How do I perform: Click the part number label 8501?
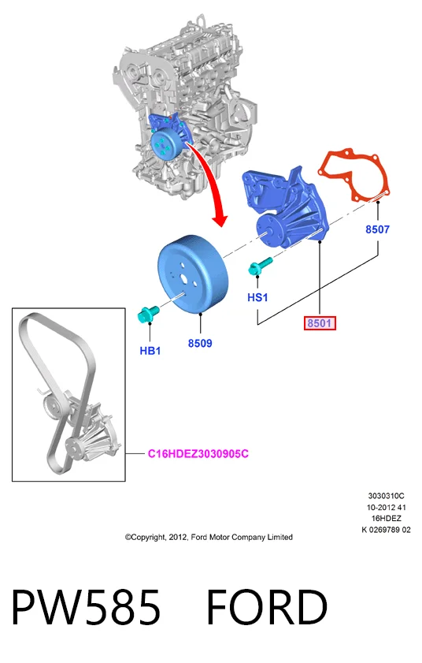[x=320, y=323]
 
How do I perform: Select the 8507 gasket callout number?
[x=377, y=229]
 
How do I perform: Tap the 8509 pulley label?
[x=200, y=343]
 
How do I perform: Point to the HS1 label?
[x=257, y=297]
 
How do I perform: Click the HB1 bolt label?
[x=150, y=351]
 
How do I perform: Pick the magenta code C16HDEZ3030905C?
[x=198, y=454]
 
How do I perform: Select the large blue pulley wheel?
[x=193, y=275]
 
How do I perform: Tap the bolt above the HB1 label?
[x=148, y=314]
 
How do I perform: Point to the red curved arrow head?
[x=220, y=219]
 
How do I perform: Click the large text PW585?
[x=86, y=607]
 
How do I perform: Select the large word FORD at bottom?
[x=267, y=607]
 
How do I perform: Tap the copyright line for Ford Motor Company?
[x=209, y=537]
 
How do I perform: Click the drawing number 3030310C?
[x=386, y=496]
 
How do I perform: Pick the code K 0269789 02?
[x=386, y=530]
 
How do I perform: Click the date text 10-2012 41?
[x=386, y=507]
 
